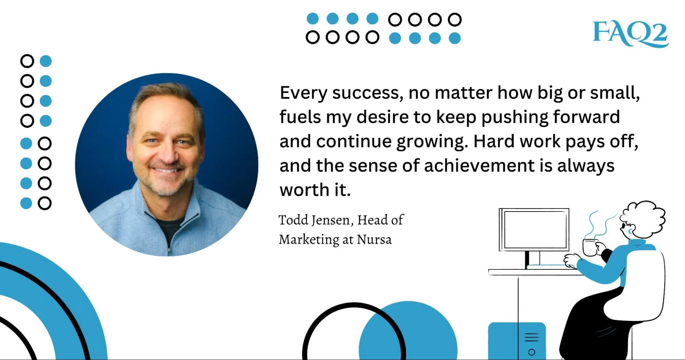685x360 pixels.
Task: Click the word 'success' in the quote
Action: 367,93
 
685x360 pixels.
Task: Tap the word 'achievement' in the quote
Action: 479,166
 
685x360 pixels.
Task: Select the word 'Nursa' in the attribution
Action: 374,239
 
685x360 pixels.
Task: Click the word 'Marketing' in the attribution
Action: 309,239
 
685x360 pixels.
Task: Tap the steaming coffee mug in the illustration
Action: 590,247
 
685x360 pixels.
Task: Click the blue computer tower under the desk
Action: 517,341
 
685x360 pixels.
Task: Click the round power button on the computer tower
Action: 531,352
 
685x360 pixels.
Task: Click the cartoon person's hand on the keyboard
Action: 571,261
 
